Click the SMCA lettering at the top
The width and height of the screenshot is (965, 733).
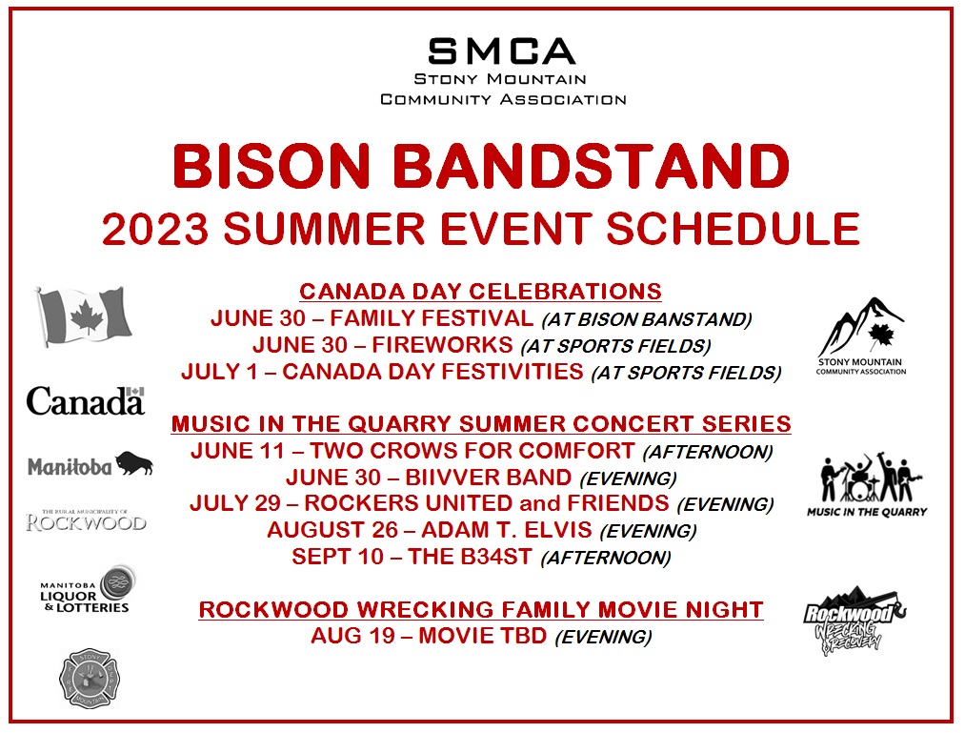[502, 51]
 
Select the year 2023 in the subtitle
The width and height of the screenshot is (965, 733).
[155, 229]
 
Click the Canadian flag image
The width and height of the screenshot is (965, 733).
[83, 316]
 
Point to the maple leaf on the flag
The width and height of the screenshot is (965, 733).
[86, 316]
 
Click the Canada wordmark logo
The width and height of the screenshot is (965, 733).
[86, 401]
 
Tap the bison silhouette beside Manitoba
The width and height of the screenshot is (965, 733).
[134, 462]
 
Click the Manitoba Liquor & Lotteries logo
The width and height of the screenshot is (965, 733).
[87, 589]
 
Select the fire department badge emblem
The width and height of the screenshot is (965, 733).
[90, 678]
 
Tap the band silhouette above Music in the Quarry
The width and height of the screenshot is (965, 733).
[871, 478]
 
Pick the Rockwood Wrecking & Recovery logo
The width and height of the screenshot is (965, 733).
[854, 619]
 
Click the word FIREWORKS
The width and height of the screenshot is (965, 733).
[443, 345]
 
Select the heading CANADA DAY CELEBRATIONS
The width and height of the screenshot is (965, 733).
[481, 292]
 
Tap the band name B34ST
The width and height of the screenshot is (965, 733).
[496, 557]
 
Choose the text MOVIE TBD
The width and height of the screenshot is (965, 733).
[482, 636]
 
